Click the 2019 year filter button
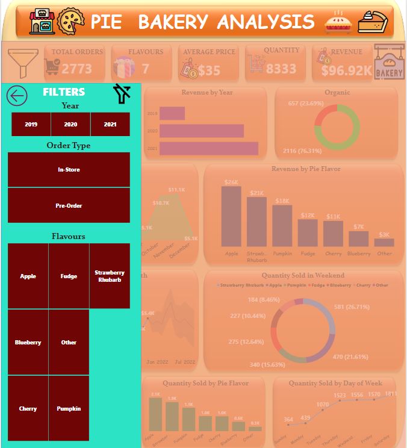(x=31, y=124)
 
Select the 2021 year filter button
(x=110, y=124)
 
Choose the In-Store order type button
(x=69, y=170)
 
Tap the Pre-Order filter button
(x=69, y=206)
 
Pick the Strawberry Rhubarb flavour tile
(x=110, y=276)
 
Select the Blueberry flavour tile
(x=28, y=342)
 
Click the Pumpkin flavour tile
(x=69, y=408)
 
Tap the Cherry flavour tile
(x=28, y=408)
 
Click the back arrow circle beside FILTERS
(x=17, y=95)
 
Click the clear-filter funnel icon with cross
(x=122, y=94)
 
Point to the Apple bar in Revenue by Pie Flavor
(x=231, y=216)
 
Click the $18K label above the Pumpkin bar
(x=282, y=201)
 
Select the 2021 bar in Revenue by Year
(x=208, y=148)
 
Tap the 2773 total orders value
(x=76, y=69)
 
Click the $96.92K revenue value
(x=346, y=70)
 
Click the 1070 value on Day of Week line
(x=323, y=404)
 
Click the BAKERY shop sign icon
(x=389, y=62)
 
